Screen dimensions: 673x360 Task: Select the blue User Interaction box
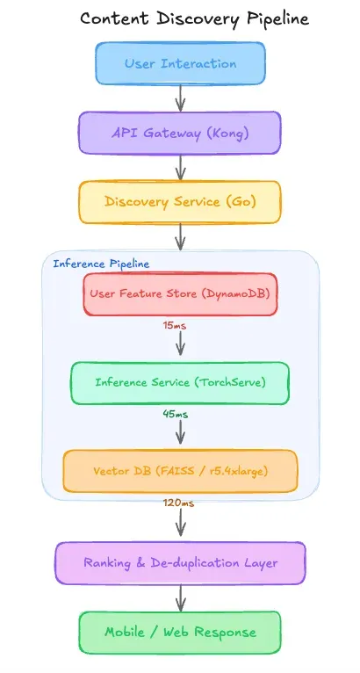click(x=180, y=63)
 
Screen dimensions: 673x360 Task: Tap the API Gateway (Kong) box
click(x=180, y=133)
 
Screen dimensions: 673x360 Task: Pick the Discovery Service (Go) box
click(x=180, y=201)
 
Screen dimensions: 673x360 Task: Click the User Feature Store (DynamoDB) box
click(x=180, y=294)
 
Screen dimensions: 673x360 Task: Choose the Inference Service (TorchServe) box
click(x=180, y=382)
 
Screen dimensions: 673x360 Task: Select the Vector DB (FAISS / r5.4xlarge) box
click(x=180, y=470)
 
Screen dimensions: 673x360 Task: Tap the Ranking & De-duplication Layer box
click(x=180, y=562)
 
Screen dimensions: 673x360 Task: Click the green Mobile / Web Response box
click(x=180, y=632)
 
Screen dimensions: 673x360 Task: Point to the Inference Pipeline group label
click(x=101, y=263)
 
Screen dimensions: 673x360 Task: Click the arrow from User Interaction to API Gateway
click(x=180, y=98)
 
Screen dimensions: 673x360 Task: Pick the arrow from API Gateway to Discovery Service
click(x=180, y=167)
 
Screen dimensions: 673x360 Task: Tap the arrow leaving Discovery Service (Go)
click(x=180, y=236)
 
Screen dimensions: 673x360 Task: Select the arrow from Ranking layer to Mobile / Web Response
click(x=180, y=597)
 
